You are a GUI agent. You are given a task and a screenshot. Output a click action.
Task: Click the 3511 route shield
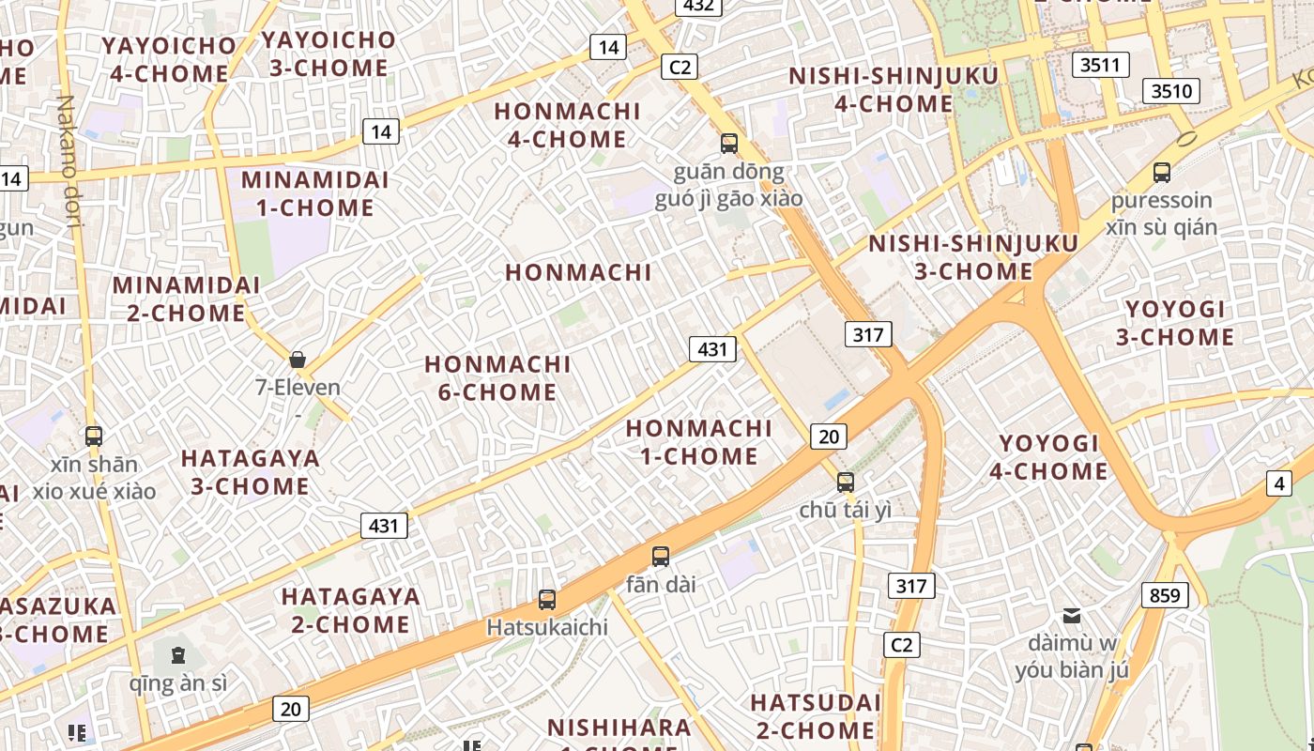tap(1101, 65)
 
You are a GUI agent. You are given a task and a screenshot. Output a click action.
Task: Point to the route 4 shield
tap(1278, 483)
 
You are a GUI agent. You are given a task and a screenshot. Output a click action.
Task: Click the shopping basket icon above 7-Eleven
tap(298, 360)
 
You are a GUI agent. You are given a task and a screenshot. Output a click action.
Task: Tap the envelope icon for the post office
tap(1071, 616)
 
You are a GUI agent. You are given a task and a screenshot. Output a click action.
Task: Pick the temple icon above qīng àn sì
tap(177, 654)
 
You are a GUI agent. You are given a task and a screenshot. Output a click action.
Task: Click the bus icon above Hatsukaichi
tap(547, 599)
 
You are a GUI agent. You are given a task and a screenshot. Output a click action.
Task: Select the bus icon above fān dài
tap(661, 556)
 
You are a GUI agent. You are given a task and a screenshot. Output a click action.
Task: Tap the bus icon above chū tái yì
tap(846, 483)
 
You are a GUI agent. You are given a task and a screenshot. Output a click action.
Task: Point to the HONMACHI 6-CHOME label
tap(497, 377)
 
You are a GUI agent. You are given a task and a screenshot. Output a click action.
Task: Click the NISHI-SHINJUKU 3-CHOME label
tap(973, 257)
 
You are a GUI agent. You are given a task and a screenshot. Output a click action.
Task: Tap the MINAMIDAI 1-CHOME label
tap(308, 193)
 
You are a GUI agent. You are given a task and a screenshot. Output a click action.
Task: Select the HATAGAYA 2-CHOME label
tap(350, 610)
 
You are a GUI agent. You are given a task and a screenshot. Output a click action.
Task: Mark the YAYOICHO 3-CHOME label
tap(328, 54)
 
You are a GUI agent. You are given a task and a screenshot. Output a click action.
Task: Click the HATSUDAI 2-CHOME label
tap(815, 715)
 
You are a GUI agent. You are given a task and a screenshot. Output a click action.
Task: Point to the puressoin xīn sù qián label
tap(1161, 213)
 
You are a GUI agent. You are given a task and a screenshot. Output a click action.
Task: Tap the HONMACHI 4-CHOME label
tap(567, 124)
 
